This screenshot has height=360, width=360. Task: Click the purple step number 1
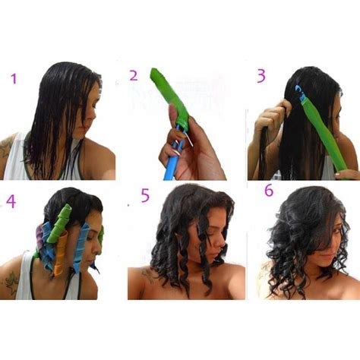(x=14, y=78)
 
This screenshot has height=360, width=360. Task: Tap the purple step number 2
(x=134, y=75)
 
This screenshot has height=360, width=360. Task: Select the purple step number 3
(x=261, y=76)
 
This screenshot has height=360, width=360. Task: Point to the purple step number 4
(x=11, y=201)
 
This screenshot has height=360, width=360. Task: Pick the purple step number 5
(x=145, y=195)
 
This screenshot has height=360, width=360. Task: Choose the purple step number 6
(x=269, y=191)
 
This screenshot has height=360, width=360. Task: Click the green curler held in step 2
(x=169, y=97)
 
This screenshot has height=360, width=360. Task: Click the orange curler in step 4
(x=61, y=253)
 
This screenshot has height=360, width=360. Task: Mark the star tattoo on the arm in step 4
(x=11, y=283)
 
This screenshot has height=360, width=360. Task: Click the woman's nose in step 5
(x=221, y=244)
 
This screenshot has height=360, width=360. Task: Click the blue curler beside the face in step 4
(x=81, y=246)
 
